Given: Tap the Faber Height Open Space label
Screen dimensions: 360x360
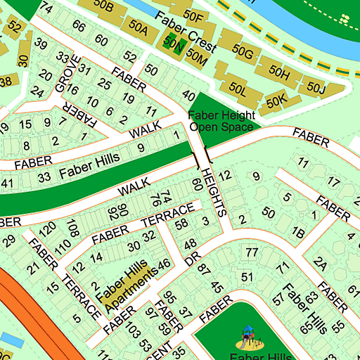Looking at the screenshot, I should point(220,121).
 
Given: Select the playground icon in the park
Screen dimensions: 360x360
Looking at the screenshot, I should point(248,338).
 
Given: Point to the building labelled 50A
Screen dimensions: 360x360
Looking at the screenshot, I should point(138,29).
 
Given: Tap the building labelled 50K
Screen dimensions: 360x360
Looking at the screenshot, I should point(277,101).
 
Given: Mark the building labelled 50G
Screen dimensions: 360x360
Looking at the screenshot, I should point(244,51).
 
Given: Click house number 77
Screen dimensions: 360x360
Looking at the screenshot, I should point(252,252).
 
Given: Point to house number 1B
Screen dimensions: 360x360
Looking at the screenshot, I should point(298,232).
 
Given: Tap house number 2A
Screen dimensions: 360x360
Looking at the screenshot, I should point(321,264).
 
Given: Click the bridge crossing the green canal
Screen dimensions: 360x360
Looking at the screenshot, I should point(200,152).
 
